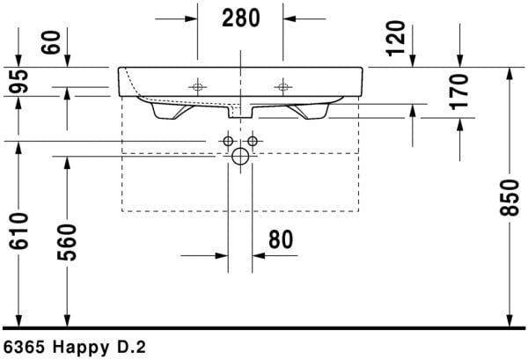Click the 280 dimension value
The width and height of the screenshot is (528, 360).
tap(239, 18)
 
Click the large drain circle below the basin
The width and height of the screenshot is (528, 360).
tap(240, 158)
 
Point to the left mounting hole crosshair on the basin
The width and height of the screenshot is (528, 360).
tap(197, 86)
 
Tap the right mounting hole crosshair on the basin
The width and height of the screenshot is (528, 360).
tap(282, 86)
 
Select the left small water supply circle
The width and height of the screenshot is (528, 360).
tap(228, 141)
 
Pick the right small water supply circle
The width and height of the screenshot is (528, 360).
tap(253, 141)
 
